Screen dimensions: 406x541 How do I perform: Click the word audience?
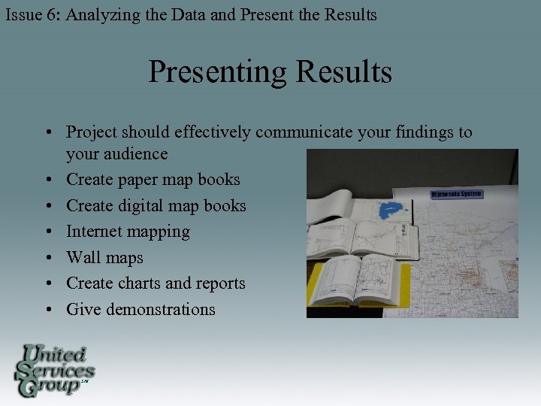(x=116, y=154)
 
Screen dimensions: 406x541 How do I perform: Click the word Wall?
(x=83, y=257)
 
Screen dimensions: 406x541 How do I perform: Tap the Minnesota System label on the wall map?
(x=456, y=195)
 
